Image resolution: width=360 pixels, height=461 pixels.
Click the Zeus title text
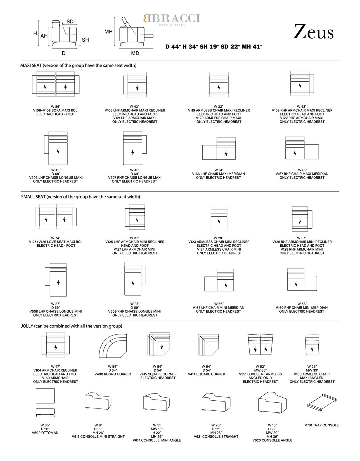313,32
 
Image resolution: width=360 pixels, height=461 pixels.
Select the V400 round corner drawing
113,346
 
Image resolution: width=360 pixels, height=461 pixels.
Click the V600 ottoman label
45,433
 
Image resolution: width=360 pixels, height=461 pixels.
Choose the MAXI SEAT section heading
78,66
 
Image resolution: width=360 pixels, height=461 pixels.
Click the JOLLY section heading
72,326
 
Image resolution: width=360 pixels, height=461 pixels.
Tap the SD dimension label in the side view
70,22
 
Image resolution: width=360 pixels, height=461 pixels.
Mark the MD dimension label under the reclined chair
135,53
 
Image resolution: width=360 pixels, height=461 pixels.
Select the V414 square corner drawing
208,345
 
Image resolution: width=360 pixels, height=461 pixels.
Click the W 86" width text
56,106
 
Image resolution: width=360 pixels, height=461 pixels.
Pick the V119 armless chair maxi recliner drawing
219,84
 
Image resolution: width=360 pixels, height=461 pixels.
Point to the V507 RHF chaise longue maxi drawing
135,148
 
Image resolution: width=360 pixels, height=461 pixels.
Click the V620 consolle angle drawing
272,402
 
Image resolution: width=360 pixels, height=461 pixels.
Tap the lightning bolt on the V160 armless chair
312,349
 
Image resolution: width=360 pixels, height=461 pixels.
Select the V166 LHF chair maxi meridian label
219,174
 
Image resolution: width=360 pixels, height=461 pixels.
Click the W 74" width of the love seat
56,238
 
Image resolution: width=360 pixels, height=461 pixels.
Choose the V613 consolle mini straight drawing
98,401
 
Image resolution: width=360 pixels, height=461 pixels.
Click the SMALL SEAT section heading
80,197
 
